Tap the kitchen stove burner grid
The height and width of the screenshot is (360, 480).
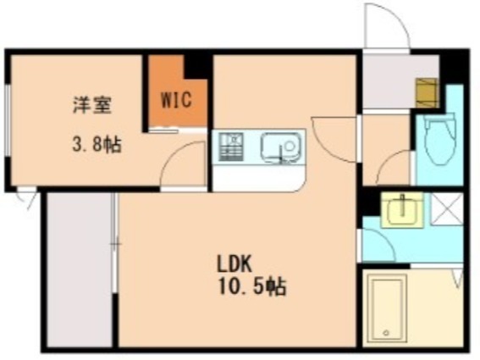(230, 147)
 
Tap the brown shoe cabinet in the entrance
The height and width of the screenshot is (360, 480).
(425, 91)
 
